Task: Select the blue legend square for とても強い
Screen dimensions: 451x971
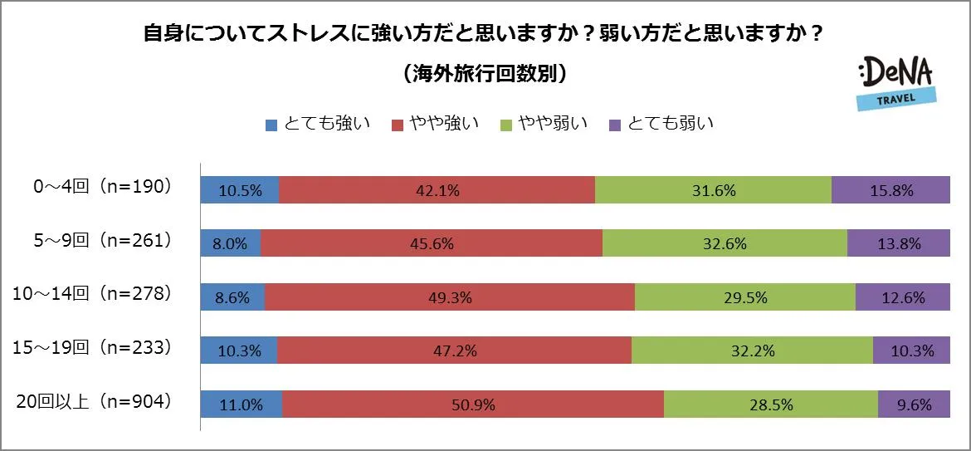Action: tap(271, 125)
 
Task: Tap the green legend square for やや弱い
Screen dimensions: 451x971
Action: tap(505, 125)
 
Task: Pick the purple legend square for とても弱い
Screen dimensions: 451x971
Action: tap(615, 125)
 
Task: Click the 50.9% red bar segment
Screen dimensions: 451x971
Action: tap(473, 404)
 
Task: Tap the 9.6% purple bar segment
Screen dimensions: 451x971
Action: tap(914, 404)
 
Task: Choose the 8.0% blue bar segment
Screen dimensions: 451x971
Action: tap(231, 243)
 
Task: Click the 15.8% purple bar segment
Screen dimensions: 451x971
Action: tap(890, 190)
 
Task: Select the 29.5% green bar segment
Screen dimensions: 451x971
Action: tap(744, 297)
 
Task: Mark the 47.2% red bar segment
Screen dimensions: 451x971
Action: tap(454, 351)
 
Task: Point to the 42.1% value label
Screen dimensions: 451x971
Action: tap(437, 190)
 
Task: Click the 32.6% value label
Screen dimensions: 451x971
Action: tap(725, 244)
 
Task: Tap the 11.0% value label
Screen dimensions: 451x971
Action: tap(241, 405)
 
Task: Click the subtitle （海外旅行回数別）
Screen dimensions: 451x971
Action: tap(485, 75)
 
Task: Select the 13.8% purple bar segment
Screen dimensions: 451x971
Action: tap(898, 243)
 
